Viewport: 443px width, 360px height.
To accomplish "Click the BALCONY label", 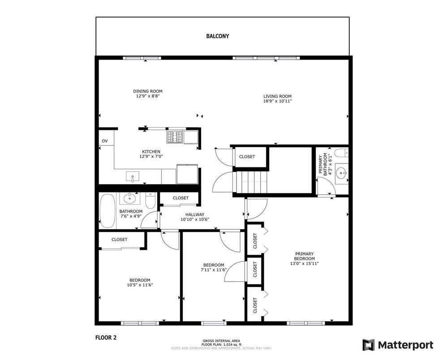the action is click(x=218, y=36).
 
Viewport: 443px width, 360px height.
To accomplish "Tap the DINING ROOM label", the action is click(x=148, y=91).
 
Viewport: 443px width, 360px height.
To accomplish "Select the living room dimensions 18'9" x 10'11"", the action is click(x=277, y=101).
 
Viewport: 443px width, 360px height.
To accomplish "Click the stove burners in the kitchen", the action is click(x=175, y=137).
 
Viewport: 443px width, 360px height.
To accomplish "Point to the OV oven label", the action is click(x=105, y=141).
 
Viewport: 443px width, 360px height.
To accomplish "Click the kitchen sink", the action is click(x=133, y=177).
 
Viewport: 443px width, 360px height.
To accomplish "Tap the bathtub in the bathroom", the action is click(x=108, y=210).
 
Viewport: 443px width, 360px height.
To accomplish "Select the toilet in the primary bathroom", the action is click(x=342, y=153).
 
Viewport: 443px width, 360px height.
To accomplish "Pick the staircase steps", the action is click(x=250, y=182).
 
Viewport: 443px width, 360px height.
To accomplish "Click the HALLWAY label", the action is click(x=195, y=214).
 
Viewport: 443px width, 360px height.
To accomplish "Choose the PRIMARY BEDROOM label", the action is click(x=304, y=256).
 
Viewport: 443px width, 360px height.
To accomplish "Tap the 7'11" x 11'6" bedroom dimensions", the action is click(x=214, y=270).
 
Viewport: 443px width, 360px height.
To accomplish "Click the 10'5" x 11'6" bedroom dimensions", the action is click(x=140, y=285).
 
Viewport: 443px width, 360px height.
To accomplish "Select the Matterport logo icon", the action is click(x=369, y=345).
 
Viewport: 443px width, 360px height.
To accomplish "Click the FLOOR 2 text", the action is click(x=106, y=338).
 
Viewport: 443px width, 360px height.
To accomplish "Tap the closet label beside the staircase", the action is click(x=247, y=157).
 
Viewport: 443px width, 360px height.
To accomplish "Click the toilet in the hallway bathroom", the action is click(x=151, y=201).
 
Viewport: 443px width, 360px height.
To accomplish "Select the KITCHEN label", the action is click(x=151, y=152).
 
